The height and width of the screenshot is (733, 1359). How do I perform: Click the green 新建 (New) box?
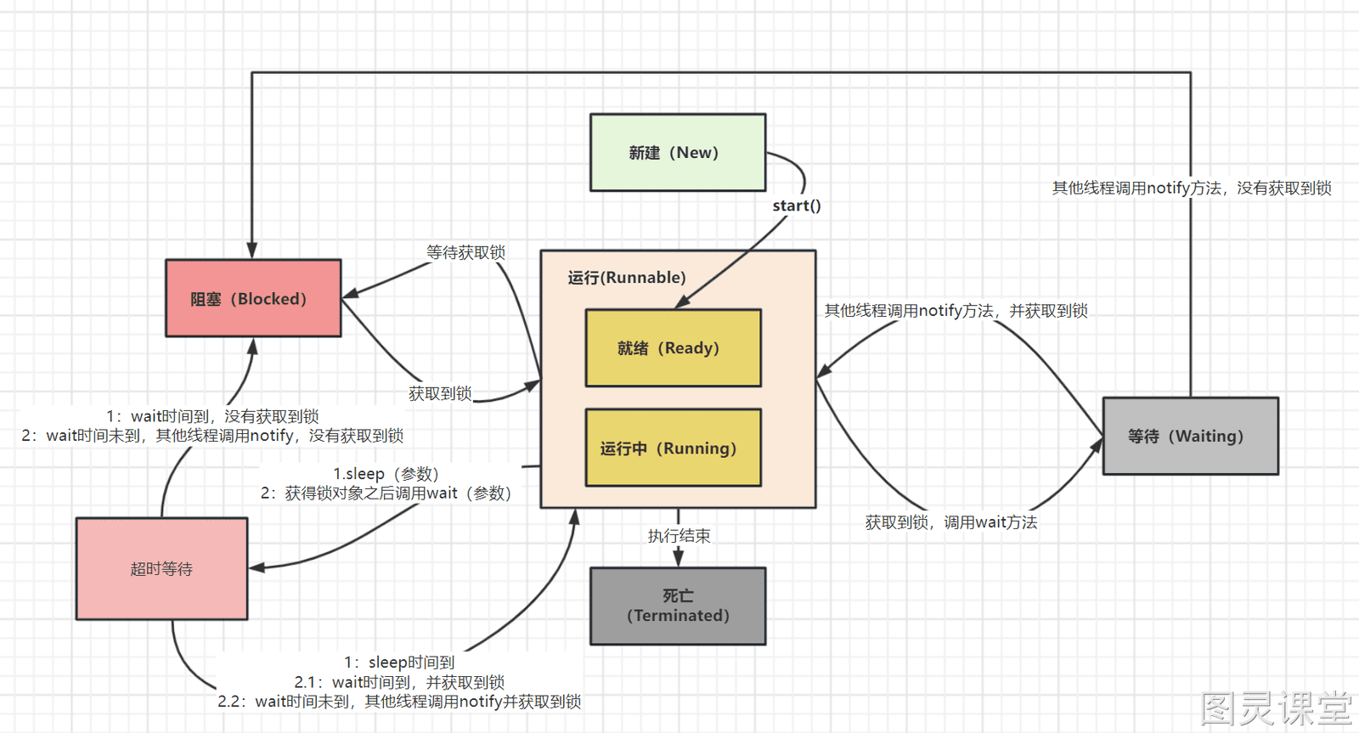[678, 152]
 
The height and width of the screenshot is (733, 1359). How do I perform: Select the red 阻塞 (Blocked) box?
[254, 298]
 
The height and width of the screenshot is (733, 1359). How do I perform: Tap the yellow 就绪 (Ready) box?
[673, 347]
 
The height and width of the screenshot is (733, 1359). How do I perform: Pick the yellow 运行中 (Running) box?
[673, 448]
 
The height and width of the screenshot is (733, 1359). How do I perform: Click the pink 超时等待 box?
[161, 568]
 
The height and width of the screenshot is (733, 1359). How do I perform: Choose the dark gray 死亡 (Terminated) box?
[678, 606]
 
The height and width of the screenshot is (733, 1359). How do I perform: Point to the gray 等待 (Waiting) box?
[1190, 436]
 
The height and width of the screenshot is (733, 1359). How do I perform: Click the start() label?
[797, 206]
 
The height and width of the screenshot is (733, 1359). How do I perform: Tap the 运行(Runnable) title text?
[627, 277]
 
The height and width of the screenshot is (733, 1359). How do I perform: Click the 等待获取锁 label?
[465, 252]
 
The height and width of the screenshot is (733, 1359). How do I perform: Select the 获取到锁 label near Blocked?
[440, 394]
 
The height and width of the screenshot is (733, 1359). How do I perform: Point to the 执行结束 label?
[679, 536]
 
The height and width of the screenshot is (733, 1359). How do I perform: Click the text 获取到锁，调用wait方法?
[950, 522]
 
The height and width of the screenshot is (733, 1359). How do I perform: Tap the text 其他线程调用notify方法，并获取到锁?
[956, 311]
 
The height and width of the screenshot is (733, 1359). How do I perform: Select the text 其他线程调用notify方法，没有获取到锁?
[1192, 188]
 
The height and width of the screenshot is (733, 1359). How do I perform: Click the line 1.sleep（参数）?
[386, 473]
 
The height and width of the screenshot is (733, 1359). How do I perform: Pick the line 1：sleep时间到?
[399, 662]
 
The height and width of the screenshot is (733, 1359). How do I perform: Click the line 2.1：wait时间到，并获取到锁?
[399, 682]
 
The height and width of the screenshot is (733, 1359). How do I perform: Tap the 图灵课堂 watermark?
[1277, 708]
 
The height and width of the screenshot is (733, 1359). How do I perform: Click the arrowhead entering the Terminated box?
[679, 558]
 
